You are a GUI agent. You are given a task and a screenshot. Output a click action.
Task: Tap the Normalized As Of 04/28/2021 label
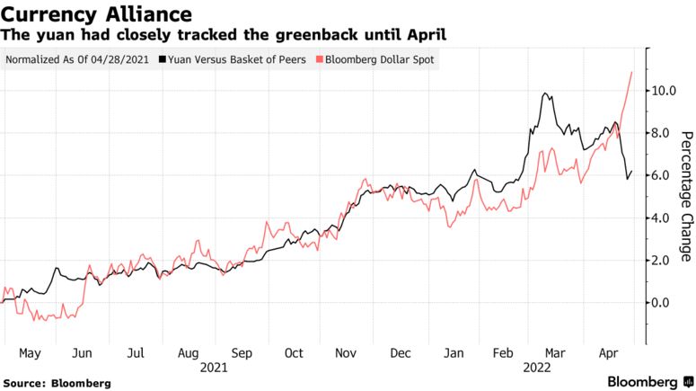(x=78, y=60)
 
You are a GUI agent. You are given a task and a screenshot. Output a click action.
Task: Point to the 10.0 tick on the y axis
(x=661, y=91)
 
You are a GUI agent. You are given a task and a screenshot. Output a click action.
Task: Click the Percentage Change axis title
(x=686, y=196)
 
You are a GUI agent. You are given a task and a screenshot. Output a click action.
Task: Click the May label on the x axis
(x=30, y=353)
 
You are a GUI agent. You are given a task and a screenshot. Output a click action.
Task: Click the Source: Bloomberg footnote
(x=57, y=383)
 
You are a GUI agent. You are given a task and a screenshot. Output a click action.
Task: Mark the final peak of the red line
(x=632, y=72)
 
